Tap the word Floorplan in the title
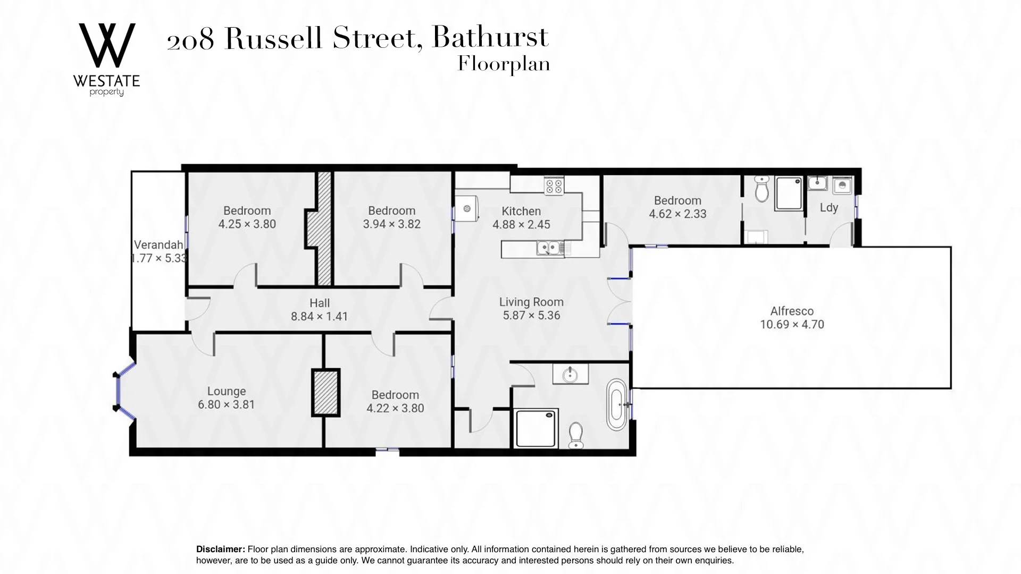503,64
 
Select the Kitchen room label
521,211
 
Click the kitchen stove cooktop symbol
554,185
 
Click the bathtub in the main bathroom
617,404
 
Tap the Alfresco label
791,311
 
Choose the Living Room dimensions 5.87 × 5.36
531,315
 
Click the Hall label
319,303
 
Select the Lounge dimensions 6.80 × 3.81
226,404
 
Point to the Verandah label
158,245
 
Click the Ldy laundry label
828,208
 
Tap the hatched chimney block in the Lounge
325,392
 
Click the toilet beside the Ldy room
761,189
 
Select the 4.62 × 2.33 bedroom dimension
677,214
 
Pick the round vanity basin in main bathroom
570,375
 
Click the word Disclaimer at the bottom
220,549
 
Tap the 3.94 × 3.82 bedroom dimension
391,224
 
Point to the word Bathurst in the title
490,37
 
